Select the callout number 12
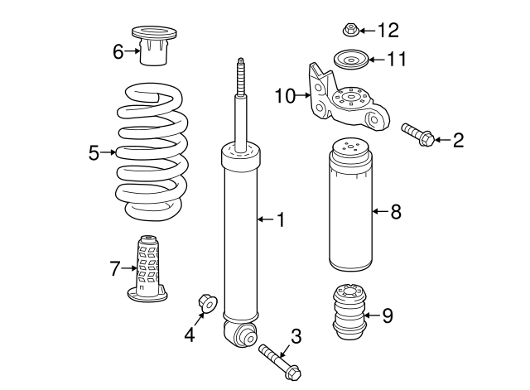(x=388, y=31)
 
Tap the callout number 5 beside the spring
(x=94, y=152)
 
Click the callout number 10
(x=284, y=97)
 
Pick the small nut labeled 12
(x=350, y=31)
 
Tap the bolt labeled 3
(x=280, y=361)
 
